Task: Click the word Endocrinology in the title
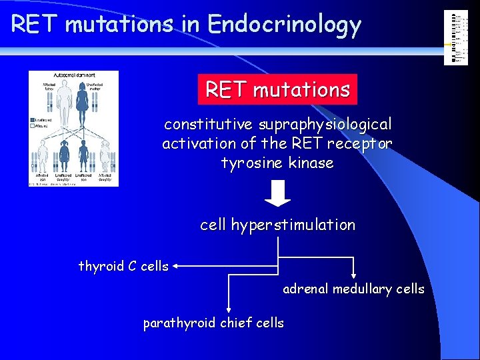point(284,25)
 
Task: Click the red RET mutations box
point(277,89)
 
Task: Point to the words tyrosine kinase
point(277,163)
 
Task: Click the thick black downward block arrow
point(277,194)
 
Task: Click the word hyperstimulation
point(293,225)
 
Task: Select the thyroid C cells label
point(123,267)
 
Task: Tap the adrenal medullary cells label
point(353,289)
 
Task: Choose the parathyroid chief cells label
point(213,323)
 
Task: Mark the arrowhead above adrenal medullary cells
point(354,274)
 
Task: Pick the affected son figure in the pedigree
point(43,160)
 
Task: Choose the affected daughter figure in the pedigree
point(105,160)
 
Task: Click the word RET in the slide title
point(35,25)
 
